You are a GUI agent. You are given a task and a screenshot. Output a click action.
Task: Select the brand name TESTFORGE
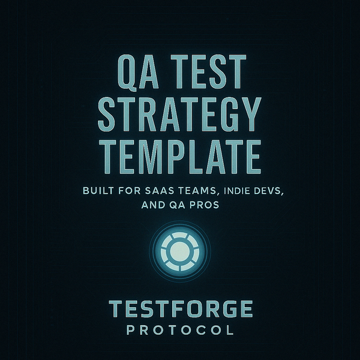pyautogui.click(x=180, y=310)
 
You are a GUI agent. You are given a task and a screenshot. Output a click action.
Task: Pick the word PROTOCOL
pyautogui.click(x=180, y=330)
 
